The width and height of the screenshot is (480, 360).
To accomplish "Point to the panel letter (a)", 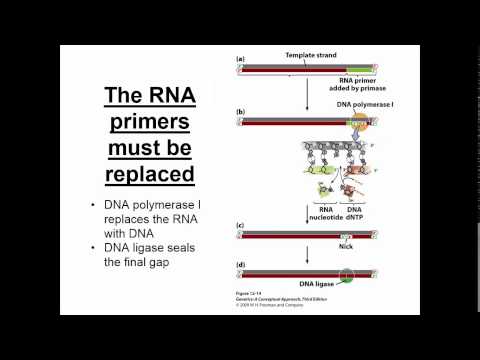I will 241,60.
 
